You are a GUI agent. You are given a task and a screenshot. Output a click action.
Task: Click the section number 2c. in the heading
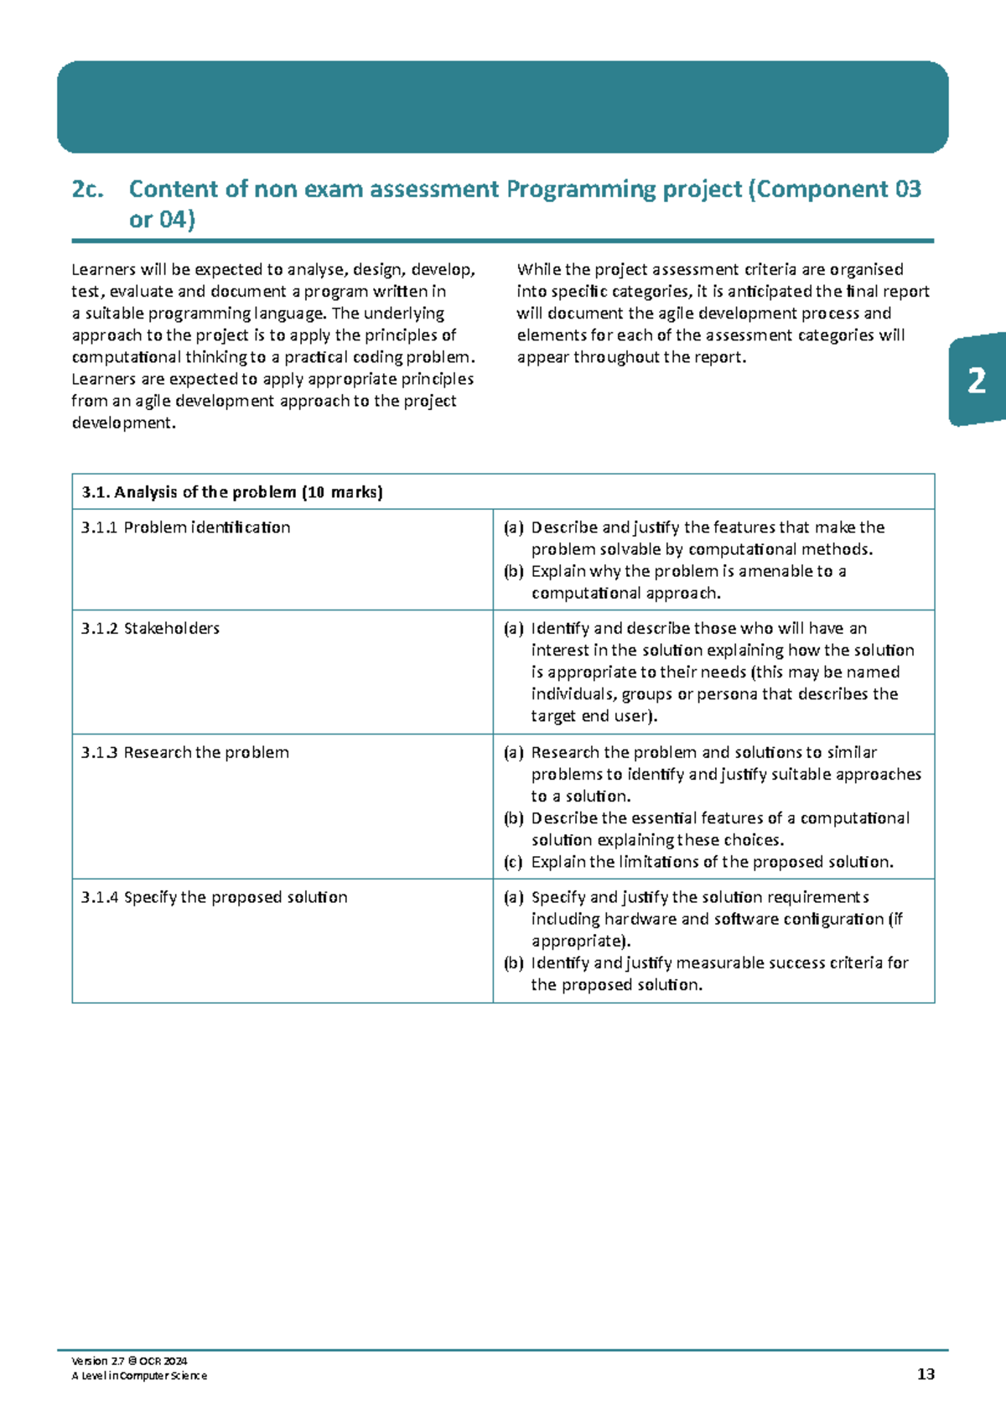(88, 189)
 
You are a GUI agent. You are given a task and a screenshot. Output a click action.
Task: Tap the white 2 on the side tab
(977, 381)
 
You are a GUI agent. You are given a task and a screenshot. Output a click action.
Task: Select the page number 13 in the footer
(926, 1374)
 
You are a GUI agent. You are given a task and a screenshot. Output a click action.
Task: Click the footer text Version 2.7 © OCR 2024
(130, 1361)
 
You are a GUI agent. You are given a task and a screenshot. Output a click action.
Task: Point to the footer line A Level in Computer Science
(139, 1376)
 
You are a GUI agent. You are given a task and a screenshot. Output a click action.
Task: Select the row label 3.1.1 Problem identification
(185, 527)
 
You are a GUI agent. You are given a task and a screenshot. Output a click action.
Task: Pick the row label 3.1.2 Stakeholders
(150, 628)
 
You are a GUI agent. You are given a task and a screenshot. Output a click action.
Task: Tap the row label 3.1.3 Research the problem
(184, 752)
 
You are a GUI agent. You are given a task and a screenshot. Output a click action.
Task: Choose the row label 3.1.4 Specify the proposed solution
(214, 897)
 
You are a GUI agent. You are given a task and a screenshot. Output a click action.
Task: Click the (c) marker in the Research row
(513, 862)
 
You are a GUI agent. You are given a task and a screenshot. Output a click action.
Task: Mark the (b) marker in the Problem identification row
(513, 571)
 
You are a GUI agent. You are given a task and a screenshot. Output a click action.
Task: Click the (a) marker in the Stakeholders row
(513, 628)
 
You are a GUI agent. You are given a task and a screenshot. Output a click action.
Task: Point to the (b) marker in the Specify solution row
(513, 963)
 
